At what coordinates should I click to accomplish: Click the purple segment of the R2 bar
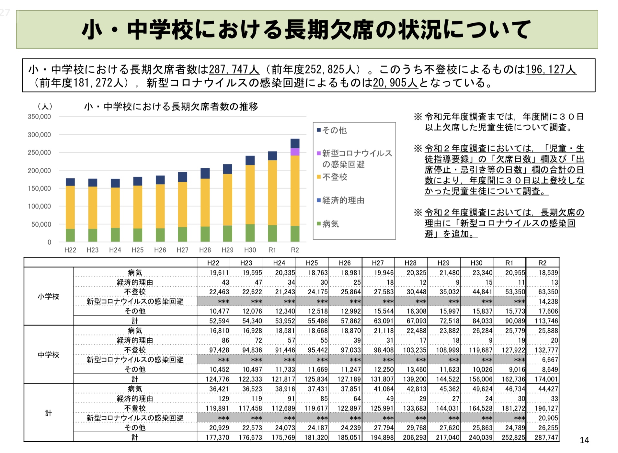coord(295,152)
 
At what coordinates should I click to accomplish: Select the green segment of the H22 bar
coord(70,235)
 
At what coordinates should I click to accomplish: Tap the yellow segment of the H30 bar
coord(250,194)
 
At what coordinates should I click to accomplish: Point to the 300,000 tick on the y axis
coord(39,135)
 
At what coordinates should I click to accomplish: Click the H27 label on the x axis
coord(182,250)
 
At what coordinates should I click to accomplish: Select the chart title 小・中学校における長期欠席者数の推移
coord(171,107)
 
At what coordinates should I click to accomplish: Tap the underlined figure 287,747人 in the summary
coord(234,69)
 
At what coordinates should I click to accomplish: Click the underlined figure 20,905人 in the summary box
coord(395,83)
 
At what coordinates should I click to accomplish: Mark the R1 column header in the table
coord(509,263)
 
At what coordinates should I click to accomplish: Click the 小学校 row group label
coord(49,296)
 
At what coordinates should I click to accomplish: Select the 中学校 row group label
coord(49,355)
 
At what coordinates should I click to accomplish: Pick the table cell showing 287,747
coord(546,437)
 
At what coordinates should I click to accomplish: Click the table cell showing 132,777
coord(546,350)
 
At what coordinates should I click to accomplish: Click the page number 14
coord(584,440)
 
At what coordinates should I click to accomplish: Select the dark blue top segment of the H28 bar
coord(205,173)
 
